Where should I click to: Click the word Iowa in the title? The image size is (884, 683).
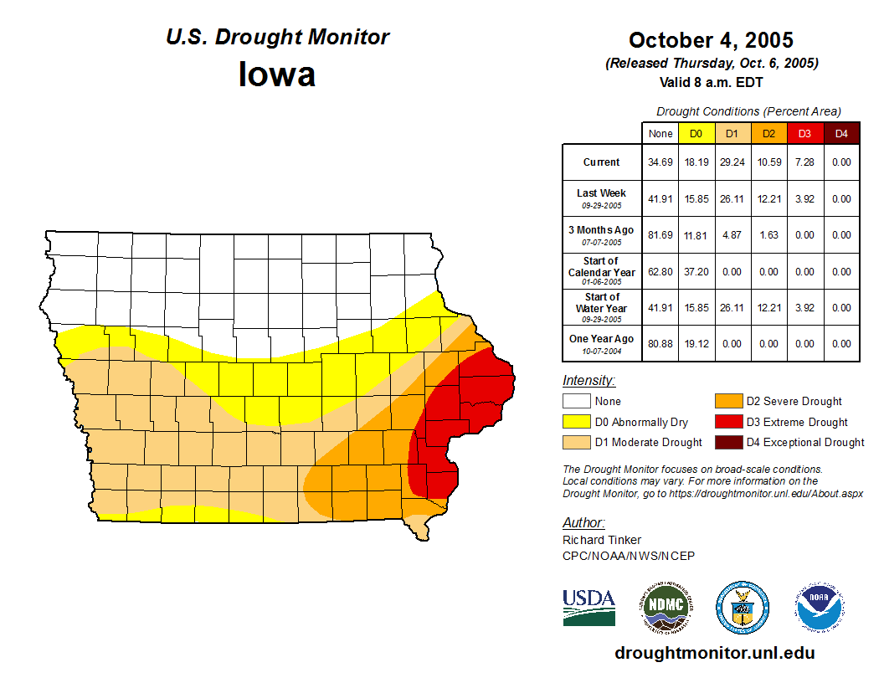click(277, 74)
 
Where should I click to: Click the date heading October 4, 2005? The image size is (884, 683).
click(711, 40)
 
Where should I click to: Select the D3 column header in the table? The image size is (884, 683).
click(804, 134)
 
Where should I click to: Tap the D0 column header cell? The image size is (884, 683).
click(696, 134)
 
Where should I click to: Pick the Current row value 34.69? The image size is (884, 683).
click(660, 162)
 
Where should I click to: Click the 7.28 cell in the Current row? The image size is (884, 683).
click(804, 162)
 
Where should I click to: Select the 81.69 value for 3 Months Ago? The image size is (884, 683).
click(660, 235)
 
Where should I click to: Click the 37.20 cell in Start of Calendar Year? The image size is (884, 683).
click(696, 272)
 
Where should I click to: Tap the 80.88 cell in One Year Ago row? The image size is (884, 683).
click(660, 343)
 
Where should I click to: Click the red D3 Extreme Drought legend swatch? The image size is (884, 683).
click(727, 422)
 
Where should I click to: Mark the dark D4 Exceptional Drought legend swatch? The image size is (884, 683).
click(727, 442)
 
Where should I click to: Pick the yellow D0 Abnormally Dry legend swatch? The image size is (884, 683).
click(576, 422)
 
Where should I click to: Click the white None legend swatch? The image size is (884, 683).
click(576, 402)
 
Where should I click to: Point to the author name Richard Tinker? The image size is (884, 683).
click(602, 540)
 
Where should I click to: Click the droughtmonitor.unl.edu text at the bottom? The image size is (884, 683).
click(714, 653)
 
